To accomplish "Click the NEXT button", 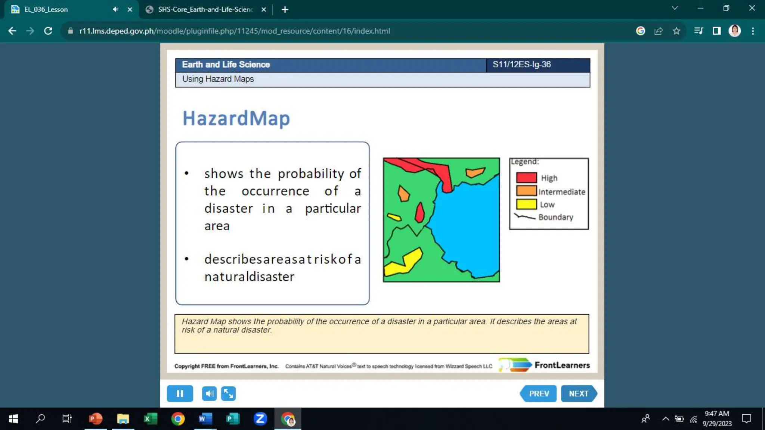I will [x=578, y=393].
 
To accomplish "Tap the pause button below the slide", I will [x=180, y=393].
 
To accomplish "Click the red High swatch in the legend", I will [x=526, y=177].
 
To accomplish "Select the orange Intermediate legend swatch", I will [x=526, y=191].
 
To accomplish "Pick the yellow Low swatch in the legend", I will [x=526, y=204].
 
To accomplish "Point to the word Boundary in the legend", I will [x=555, y=217].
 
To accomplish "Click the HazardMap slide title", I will [x=236, y=118].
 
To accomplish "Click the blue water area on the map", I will [x=467, y=224].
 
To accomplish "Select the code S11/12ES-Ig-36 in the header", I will [x=521, y=65].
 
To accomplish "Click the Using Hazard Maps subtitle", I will [x=218, y=79].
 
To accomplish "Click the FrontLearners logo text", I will [x=562, y=365].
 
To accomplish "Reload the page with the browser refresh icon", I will [x=48, y=31].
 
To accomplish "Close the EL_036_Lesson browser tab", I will [x=130, y=10].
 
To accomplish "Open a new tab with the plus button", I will [x=285, y=10].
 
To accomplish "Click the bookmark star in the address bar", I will [x=676, y=31].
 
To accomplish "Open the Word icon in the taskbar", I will [x=205, y=419].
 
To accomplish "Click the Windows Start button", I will [x=13, y=419].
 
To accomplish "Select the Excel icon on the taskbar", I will [x=150, y=419].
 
